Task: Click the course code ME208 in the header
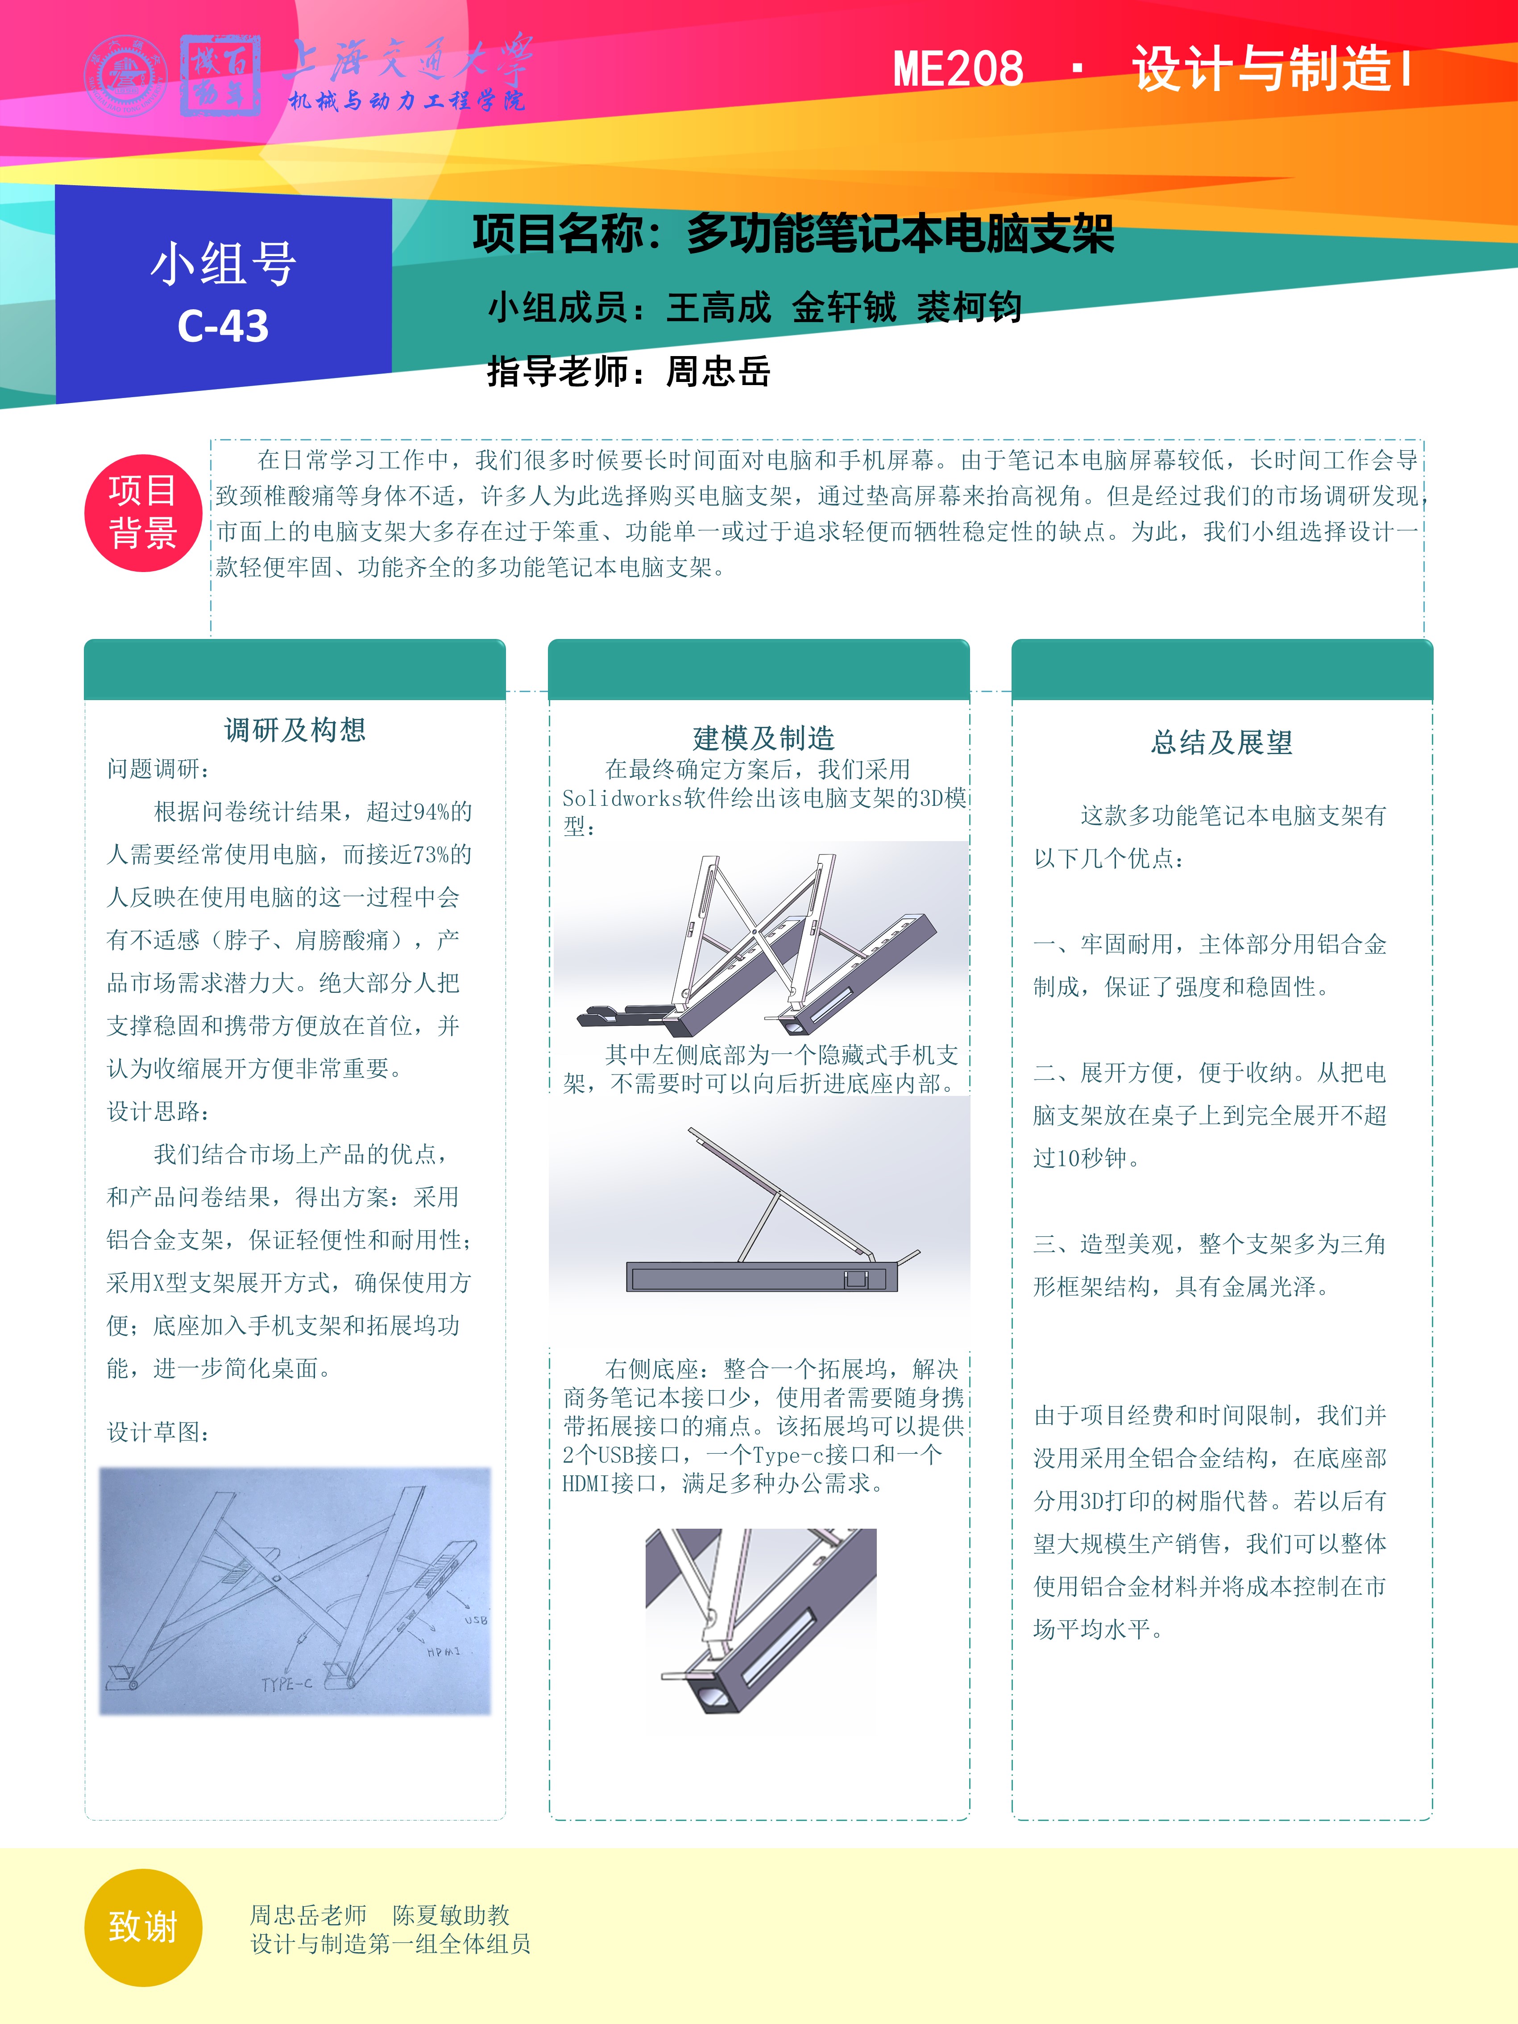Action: click(958, 70)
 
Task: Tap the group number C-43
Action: click(223, 326)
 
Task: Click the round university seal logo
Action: click(126, 75)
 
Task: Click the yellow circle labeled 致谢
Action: click(143, 1927)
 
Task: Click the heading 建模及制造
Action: click(764, 738)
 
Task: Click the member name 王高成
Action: click(719, 307)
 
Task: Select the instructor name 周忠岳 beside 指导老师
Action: click(719, 372)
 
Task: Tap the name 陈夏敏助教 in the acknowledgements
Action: click(451, 1915)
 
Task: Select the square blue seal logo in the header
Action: click(220, 75)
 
